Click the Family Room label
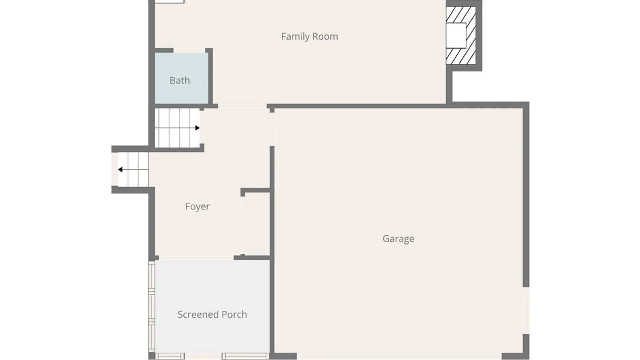[x=309, y=36]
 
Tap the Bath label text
[x=180, y=80]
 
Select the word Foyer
[x=197, y=206]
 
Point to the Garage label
[x=398, y=239]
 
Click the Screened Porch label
[x=212, y=314]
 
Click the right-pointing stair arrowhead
[x=197, y=128]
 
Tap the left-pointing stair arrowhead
[x=120, y=170]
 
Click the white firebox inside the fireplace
[x=456, y=35]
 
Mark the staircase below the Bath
[x=177, y=128]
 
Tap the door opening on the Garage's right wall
[x=526, y=310]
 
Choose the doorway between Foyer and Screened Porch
[x=196, y=258]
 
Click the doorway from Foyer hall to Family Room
[x=242, y=106]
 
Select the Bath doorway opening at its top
[x=189, y=50]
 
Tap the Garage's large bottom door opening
[x=399, y=356]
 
